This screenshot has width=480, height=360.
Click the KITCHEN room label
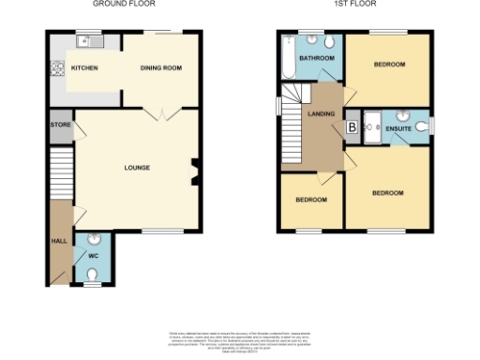(86, 68)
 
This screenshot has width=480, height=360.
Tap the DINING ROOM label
(159, 68)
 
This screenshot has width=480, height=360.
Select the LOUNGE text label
(137, 168)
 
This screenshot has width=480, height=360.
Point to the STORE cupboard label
(59, 125)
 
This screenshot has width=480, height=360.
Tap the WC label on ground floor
(93, 255)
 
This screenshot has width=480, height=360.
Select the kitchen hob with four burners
(56, 68)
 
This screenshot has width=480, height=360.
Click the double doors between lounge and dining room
(160, 113)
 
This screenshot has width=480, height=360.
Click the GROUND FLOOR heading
(116, 5)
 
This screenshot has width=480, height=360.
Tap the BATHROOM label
(316, 58)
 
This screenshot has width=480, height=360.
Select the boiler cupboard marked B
(352, 127)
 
